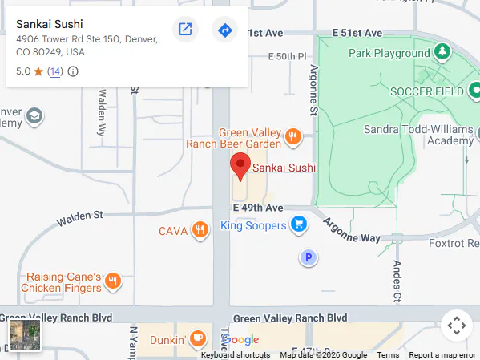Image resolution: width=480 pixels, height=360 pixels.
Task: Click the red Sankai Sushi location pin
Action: [240, 166]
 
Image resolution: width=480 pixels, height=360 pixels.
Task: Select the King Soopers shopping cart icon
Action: [299, 224]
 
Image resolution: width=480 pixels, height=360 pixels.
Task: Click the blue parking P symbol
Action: [307, 257]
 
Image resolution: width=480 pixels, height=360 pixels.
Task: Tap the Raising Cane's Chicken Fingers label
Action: [61, 282]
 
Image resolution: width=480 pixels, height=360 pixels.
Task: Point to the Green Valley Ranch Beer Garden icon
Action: [292, 137]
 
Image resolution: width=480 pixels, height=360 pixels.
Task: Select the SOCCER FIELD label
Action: [426, 91]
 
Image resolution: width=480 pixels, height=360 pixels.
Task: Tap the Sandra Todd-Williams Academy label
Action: [418, 135]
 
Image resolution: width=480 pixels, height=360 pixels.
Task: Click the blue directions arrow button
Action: [224, 30]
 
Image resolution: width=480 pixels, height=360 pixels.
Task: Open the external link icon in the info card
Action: [185, 30]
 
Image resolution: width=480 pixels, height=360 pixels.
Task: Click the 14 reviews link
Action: [55, 71]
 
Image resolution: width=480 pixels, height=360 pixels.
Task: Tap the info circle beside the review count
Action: [73, 71]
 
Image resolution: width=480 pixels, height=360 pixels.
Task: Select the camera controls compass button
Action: [456, 326]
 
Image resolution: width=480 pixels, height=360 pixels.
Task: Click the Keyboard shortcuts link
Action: [235, 355]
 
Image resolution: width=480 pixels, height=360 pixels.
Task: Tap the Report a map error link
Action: [442, 355]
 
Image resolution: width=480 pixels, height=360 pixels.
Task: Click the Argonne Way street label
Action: [352, 228]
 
